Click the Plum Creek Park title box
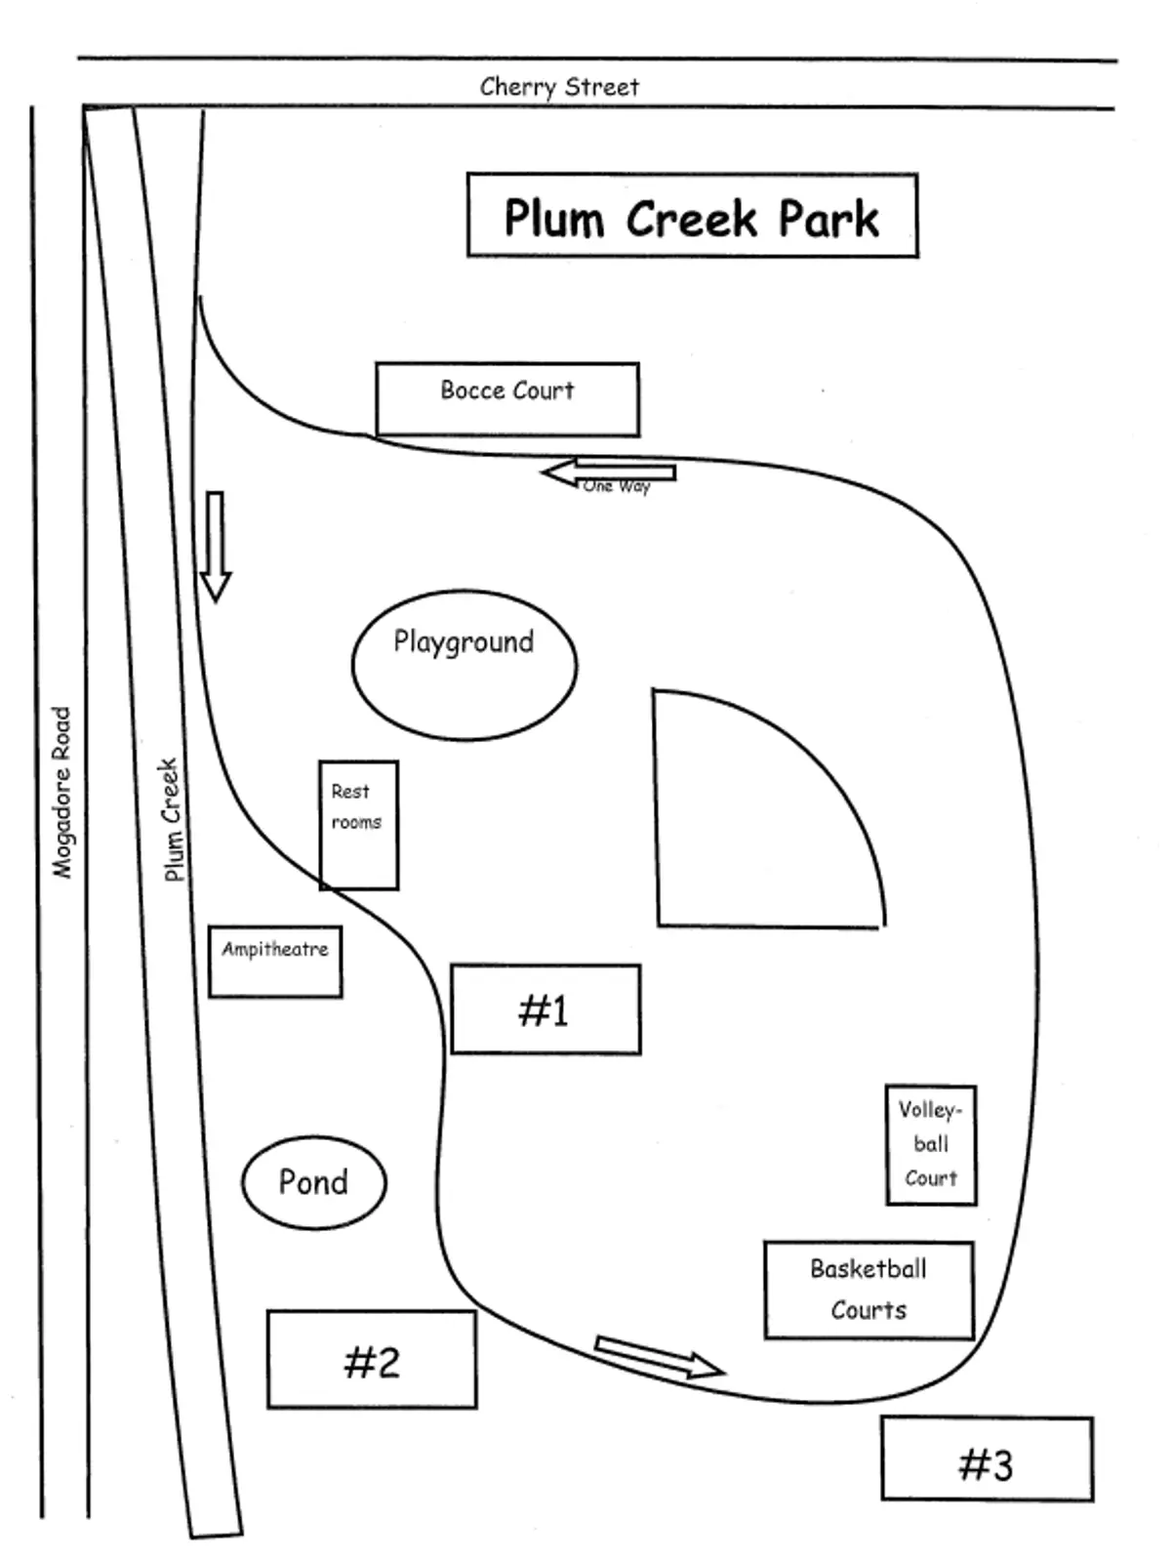pos(692,216)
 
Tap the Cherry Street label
pos(559,86)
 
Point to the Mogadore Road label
pos(61,792)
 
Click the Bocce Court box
pos(507,398)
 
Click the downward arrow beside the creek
pos(215,546)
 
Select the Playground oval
pos(464,665)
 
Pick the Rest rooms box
pos(358,825)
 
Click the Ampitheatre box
pos(275,962)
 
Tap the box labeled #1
pos(545,1009)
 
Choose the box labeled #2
pos(372,1359)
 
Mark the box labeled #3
pos(987,1459)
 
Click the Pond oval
pos(313,1181)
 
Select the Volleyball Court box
pos(930,1144)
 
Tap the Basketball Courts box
pos(868,1290)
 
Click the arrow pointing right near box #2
pos(659,1356)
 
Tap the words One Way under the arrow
pos(617,486)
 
